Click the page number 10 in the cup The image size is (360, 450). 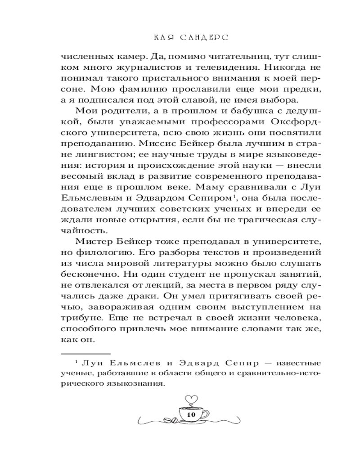coord(189,414)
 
